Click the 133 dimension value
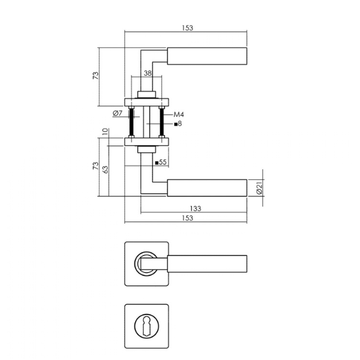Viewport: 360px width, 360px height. [196, 208]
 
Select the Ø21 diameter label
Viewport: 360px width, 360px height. [259, 188]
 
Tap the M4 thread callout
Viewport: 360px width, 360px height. [179, 115]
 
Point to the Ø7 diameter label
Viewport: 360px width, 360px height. [118, 113]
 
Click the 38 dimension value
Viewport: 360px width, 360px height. [148, 73]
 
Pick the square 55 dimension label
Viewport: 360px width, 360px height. [161, 163]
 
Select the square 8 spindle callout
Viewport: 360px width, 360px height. [178, 124]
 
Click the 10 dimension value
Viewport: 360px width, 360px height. [104, 131]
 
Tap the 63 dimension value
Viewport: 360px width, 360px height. [104, 169]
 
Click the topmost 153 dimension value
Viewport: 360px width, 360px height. [188, 28]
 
